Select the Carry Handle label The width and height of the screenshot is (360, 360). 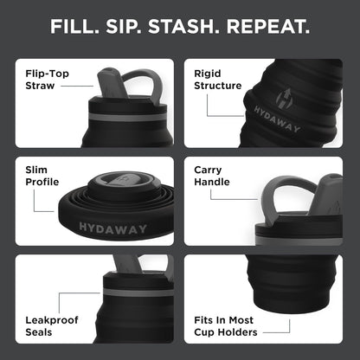point(213,178)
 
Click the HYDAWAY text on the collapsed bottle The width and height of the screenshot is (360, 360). point(107,227)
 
